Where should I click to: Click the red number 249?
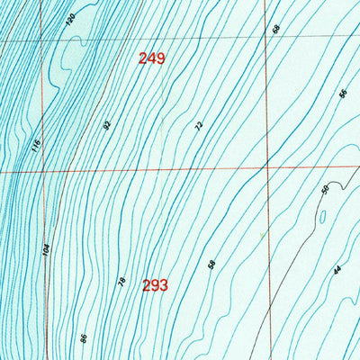coord(152,59)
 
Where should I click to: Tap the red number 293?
coord(155,286)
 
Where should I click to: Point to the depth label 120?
coord(72,20)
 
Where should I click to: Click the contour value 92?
coord(106,123)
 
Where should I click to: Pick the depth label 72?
coord(199,126)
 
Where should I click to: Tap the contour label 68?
coord(276,29)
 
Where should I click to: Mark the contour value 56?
coord(343,94)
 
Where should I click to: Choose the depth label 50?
coord(325,189)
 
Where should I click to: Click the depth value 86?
coord(83,338)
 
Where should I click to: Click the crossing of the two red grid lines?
coord(266,167)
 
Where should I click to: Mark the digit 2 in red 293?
coord(146,286)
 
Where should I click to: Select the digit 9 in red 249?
coord(161,59)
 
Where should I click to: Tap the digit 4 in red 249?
coord(152,59)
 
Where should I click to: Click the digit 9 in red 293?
coord(155,286)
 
